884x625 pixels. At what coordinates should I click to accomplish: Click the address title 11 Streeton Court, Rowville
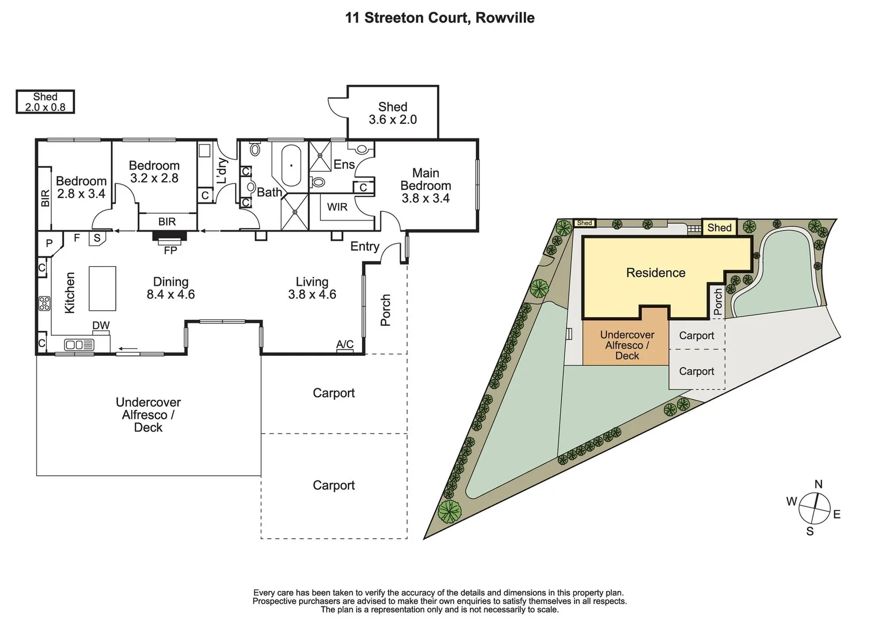point(439,18)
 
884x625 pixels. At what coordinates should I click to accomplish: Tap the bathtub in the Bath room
point(291,165)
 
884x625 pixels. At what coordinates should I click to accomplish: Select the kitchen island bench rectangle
point(102,288)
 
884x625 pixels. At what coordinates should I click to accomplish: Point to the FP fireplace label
point(170,251)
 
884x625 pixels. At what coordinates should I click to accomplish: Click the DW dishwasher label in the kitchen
point(101,325)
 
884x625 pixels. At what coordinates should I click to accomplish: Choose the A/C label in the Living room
point(345,344)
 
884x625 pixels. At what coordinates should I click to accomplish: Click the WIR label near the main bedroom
point(337,207)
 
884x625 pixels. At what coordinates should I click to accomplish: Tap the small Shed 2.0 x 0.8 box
point(45,102)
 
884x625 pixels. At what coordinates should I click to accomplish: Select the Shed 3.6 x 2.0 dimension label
point(393,113)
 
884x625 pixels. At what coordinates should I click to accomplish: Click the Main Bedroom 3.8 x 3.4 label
point(426,185)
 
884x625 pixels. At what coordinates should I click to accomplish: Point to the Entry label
point(364,247)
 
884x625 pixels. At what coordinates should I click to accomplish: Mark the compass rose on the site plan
point(814,508)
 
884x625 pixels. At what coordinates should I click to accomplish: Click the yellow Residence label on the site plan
point(656,273)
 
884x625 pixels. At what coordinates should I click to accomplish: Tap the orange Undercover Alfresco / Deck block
point(627,345)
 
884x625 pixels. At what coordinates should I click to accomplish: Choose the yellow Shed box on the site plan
point(719,227)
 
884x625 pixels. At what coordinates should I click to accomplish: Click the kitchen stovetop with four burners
point(45,303)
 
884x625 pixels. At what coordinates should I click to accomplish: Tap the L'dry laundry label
point(221,171)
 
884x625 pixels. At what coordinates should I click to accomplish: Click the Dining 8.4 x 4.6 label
point(171,288)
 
